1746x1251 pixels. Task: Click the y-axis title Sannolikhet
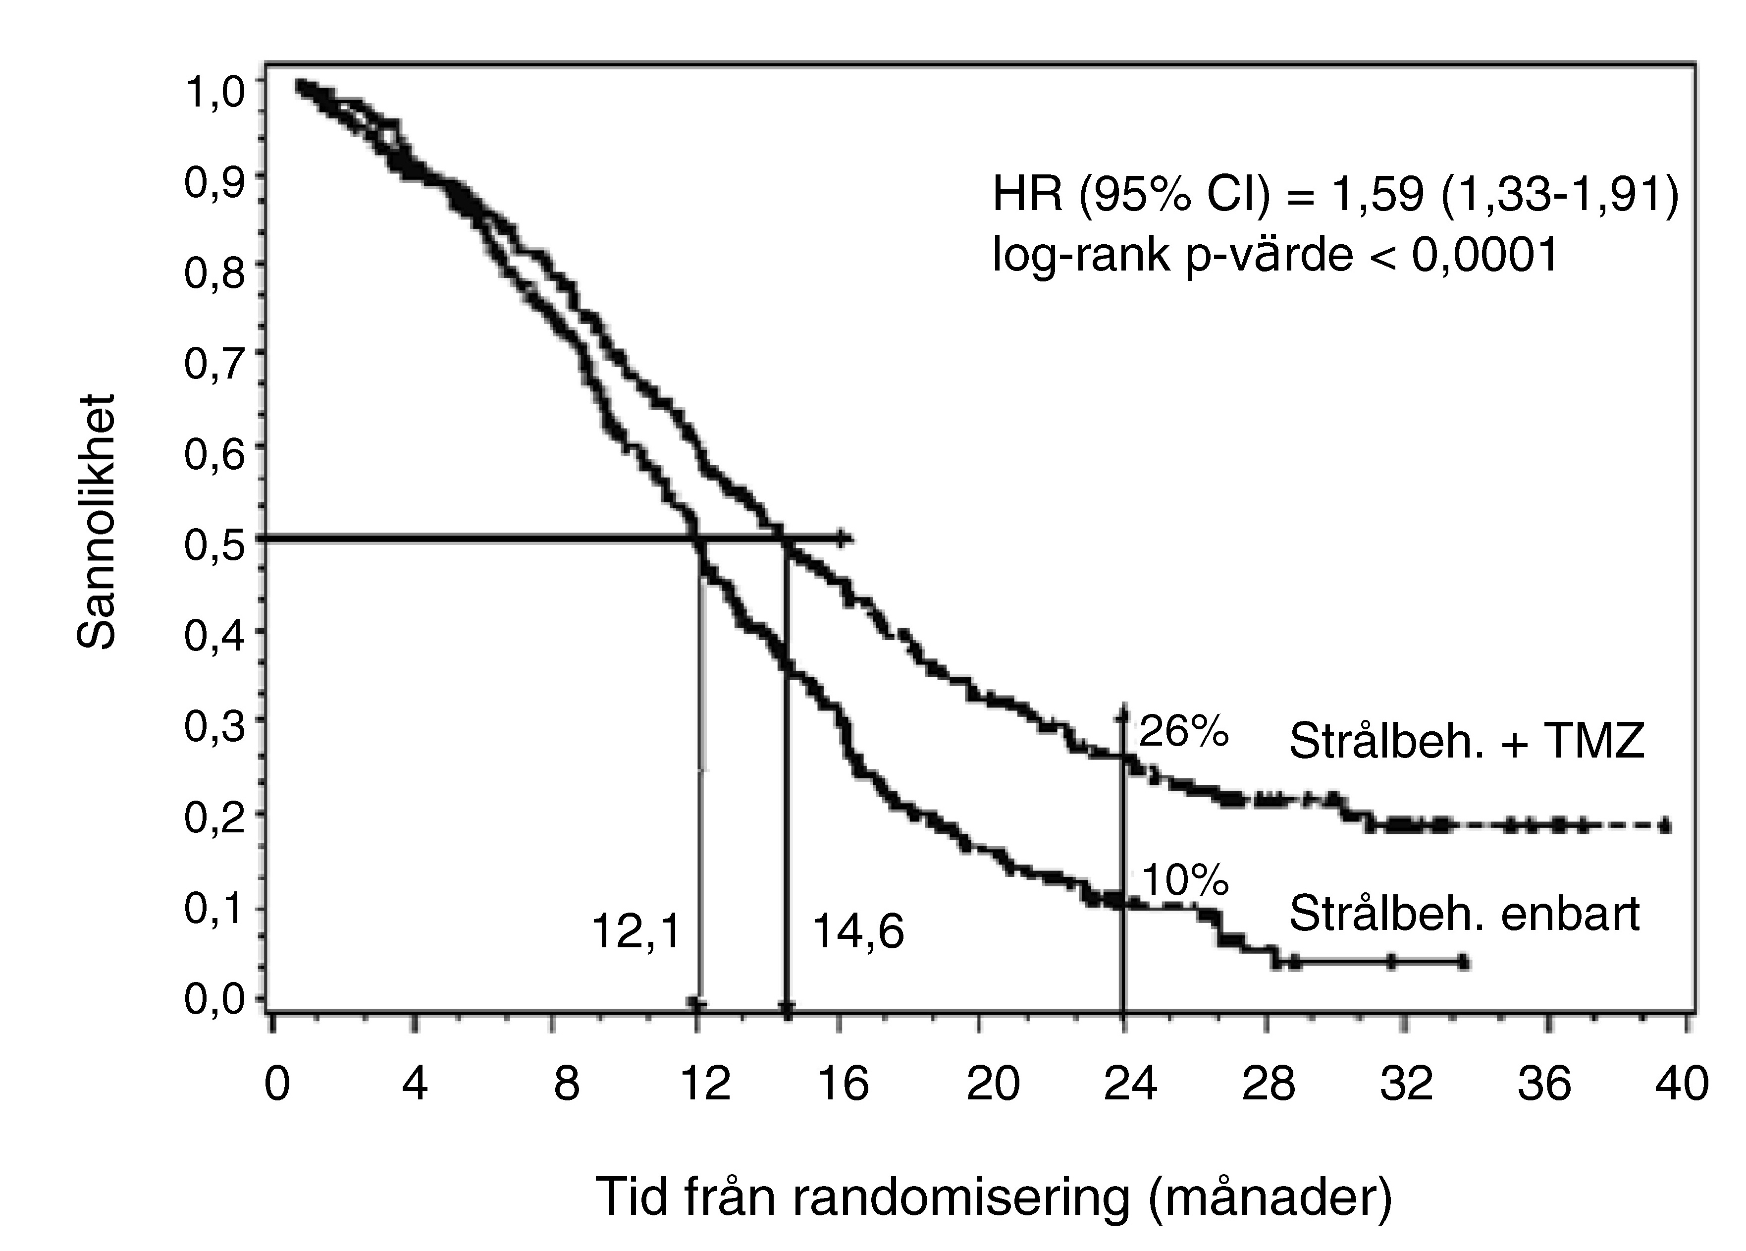(98, 524)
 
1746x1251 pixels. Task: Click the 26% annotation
(1183, 731)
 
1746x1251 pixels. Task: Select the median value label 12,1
(636, 932)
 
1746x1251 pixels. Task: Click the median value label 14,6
(857, 932)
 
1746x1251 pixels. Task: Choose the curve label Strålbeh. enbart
(1464, 914)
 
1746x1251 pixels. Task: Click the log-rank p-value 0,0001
(1485, 255)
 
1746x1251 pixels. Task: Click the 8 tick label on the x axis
(567, 1083)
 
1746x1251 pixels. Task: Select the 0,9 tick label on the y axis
(214, 182)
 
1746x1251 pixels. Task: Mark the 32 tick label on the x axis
(1406, 1083)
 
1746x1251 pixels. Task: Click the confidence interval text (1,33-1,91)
(1559, 195)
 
